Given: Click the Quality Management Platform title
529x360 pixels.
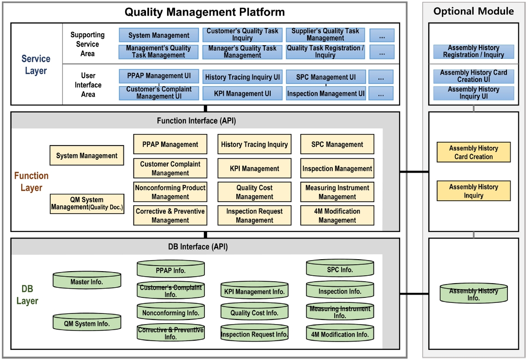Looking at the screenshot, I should point(205,12).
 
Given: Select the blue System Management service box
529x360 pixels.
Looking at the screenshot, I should point(159,35).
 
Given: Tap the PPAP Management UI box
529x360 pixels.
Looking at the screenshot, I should point(159,76).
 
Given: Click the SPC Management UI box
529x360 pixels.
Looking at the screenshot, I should point(326,77).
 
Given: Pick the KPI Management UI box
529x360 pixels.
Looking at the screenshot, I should point(242,93).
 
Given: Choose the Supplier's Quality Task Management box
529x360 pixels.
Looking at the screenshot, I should point(326,35).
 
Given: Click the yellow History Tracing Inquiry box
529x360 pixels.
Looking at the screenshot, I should point(254,145).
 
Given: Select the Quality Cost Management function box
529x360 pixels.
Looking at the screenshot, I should point(254,192).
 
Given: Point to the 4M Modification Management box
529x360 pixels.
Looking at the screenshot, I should point(337,216).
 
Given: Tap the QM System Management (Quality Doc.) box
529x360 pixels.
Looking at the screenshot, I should point(87,203).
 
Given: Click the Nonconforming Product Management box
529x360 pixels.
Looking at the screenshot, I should point(170,192).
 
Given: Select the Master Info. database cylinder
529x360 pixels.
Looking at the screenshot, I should point(87,280).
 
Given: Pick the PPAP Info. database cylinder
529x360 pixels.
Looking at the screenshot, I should point(170,269).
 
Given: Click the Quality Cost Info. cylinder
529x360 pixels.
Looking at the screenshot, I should point(254,313).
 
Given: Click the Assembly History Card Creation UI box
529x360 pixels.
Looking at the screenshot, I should point(474,76).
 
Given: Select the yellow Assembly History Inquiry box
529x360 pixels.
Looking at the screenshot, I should point(474,191).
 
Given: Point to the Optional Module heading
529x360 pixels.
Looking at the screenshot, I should point(474,12).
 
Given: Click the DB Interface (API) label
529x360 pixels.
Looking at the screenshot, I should point(198,247).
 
